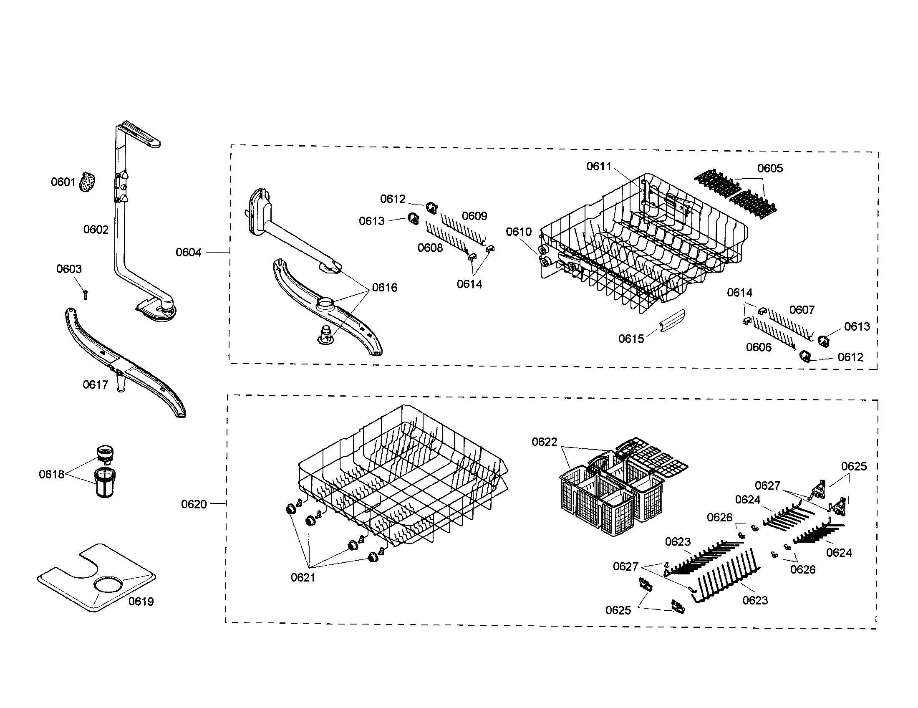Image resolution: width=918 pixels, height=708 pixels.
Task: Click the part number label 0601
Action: tap(63, 182)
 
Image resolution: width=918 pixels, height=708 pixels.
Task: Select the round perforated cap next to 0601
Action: tap(87, 183)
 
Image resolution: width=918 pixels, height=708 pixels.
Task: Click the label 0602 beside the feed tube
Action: tap(96, 230)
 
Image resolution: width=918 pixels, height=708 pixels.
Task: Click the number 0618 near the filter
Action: tap(51, 475)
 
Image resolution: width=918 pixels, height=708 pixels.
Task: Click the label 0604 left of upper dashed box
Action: tap(188, 252)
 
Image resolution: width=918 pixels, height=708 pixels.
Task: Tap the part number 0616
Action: tap(385, 288)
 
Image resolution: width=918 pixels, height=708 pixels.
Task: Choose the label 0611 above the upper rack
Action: tap(598, 167)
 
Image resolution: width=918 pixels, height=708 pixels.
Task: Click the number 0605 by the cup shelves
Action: tap(770, 169)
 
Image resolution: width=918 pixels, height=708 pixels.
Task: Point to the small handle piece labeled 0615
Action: tap(673, 320)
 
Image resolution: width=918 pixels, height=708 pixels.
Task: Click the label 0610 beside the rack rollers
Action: tap(519, 232)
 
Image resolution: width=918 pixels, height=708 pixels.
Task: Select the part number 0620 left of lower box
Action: tap(194, 504)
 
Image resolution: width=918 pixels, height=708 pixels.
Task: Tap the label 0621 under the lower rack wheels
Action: tap(303, 578)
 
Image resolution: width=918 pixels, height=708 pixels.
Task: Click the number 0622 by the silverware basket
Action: tap(544, 442)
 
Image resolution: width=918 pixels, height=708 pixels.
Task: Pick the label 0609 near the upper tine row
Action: tap(474, 216)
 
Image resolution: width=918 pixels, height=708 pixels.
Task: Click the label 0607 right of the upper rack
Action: tap(802, 310)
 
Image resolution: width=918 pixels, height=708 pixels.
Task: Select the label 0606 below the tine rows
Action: tap(759, 347)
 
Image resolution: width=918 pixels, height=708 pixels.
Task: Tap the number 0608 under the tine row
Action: tap(430, 248)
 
